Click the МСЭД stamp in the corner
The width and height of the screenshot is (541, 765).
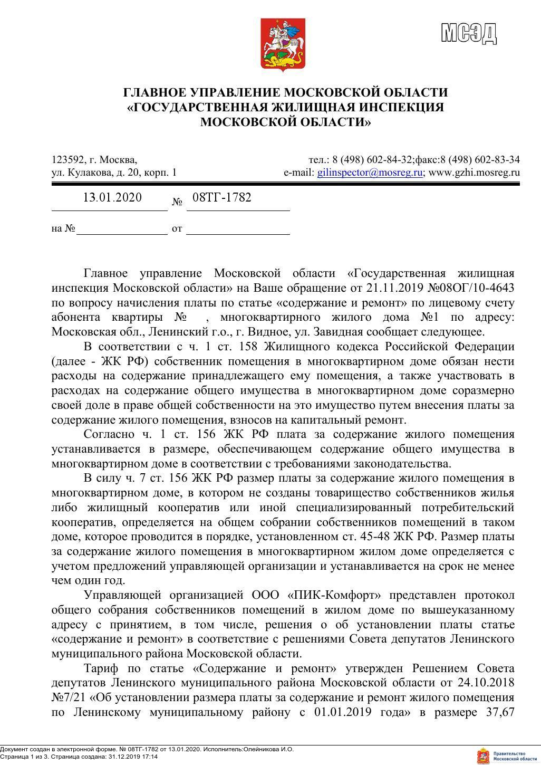(x=469, y=33)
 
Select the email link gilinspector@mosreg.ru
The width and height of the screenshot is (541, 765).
(x=370, y=173)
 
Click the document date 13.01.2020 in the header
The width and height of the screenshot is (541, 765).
(x=112, y=198)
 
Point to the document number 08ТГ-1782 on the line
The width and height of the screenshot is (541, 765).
(x=221, y=198)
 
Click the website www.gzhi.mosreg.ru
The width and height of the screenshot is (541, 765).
(x=475, y=173)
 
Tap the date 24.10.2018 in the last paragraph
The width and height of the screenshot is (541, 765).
(x=486, y=683)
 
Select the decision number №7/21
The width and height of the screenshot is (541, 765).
(x=69, y=697)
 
